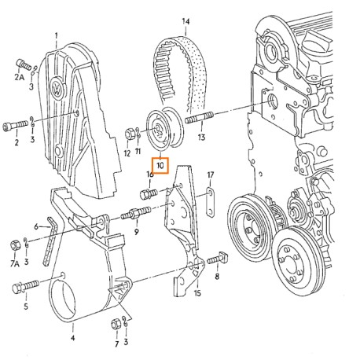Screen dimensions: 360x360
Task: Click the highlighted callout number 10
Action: pos(160,166)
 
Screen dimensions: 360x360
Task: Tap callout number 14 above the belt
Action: pos(186,21)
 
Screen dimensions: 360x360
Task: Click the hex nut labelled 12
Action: pos(129,134)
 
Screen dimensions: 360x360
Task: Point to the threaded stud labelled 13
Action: pos(199,117)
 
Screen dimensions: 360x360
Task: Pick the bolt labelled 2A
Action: pos(24,64)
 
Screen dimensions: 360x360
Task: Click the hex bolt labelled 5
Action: pos(25,286)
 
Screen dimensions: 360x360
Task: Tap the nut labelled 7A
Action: pos(15,244)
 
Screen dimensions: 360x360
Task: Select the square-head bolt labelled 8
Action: pos(218,258)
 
